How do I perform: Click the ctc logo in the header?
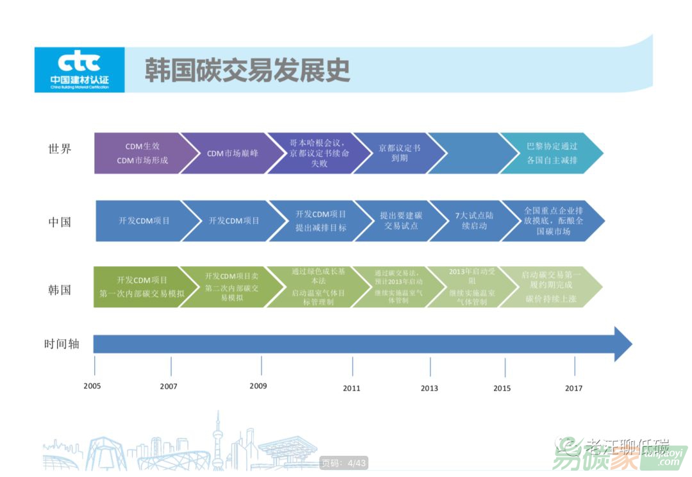[x=79, y=69]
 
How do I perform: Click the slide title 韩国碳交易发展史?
[x=247, y=70]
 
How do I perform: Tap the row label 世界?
[x=60, y=149]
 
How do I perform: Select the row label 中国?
[x=60, y=222]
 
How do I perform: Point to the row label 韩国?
[x=60, y=289]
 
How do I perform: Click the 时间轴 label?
[x=62, y=344]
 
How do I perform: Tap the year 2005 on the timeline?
[x=92, y=386]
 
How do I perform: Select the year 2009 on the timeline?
[x=258, y=386]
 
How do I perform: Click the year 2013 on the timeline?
[x=429, y=388]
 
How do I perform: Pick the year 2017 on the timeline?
[x=573, y=388]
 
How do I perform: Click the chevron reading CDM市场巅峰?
[x=223, y=154]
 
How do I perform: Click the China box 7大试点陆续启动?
[x=473, y=221]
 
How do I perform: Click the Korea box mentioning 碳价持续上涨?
[x=548, y=287]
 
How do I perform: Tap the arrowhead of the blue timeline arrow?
[x=623, y=344]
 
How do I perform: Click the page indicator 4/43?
[x=344, y=463]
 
